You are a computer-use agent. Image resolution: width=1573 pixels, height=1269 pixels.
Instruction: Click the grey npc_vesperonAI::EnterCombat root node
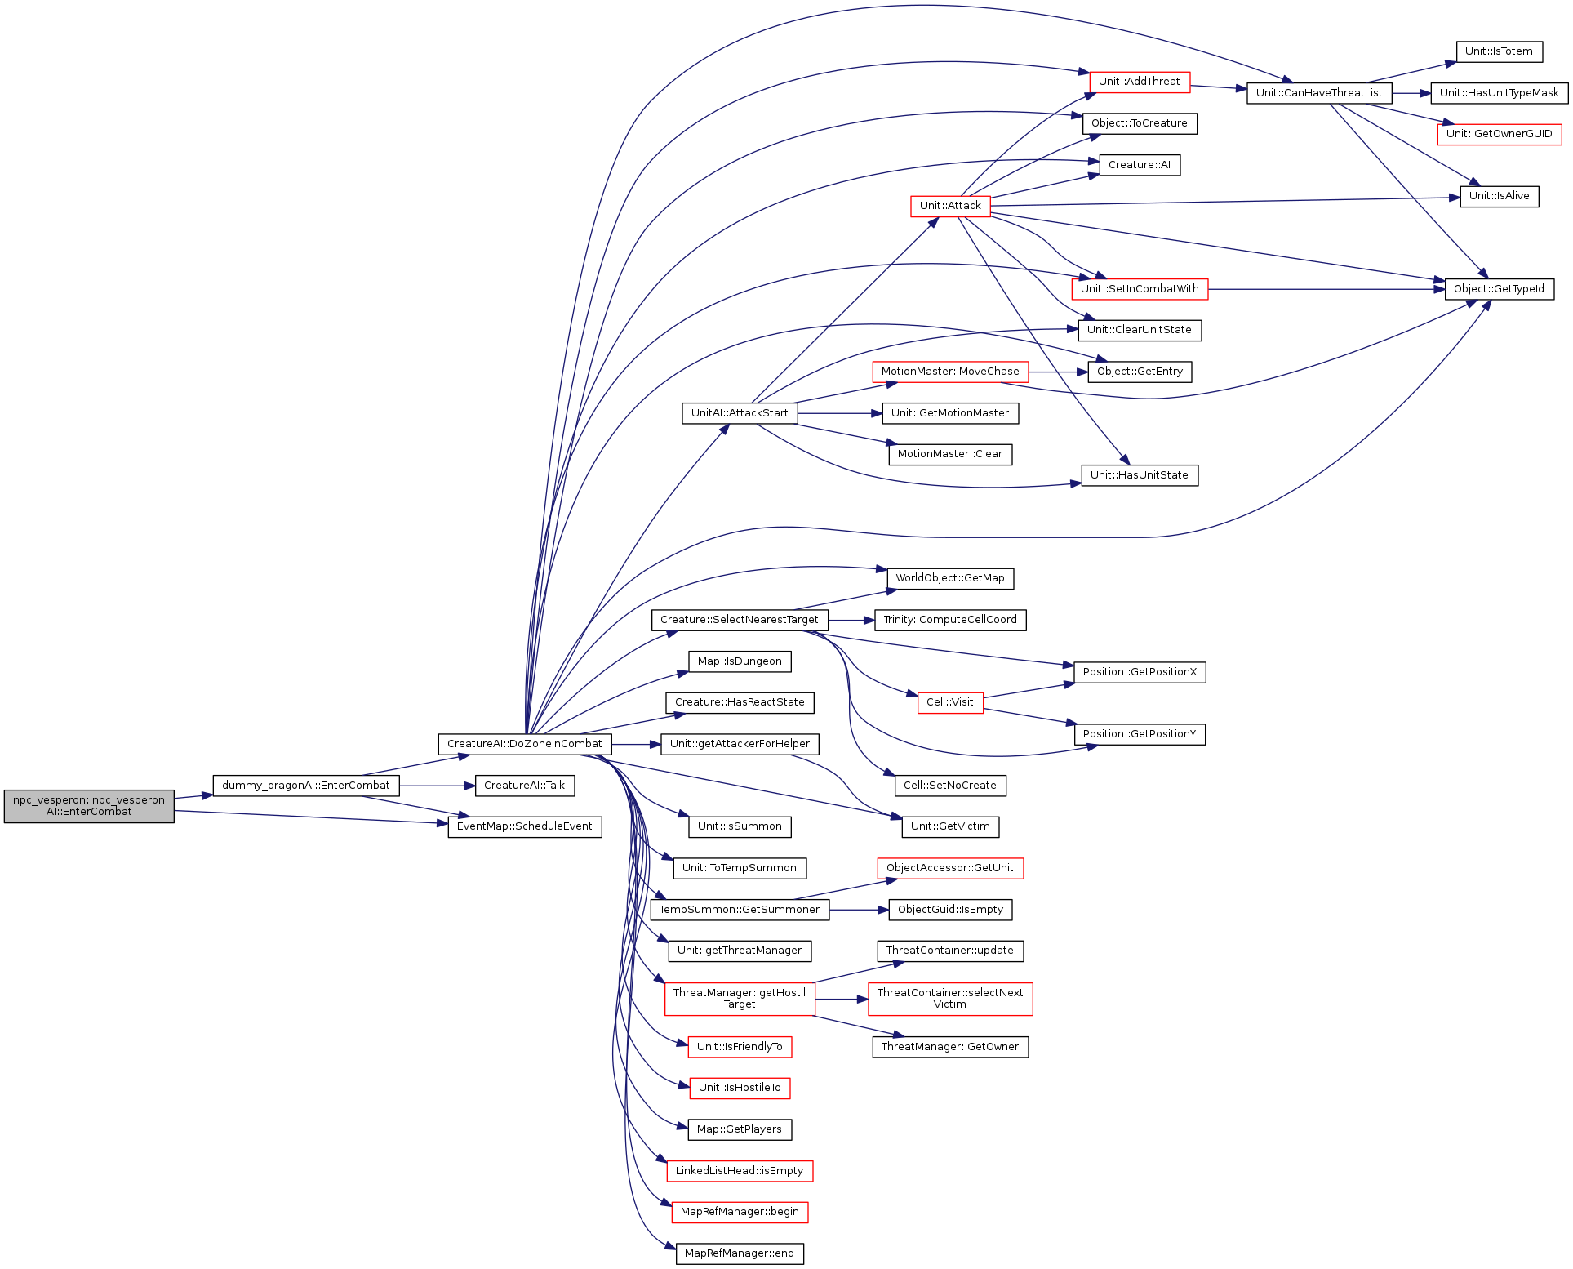(89, 806)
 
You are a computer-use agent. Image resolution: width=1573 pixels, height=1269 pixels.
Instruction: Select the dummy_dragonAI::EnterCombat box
(306, 786)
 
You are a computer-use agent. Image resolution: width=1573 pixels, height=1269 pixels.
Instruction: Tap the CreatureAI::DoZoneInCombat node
(525, 744)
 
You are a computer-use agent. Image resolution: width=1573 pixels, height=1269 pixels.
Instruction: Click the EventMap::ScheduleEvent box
(525, 826)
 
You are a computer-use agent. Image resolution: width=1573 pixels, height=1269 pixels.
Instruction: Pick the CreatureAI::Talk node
(525, 786)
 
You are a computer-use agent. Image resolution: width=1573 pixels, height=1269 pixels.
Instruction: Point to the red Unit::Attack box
(950, 206)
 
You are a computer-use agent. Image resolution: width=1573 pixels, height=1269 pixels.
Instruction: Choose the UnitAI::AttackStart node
(740, 413)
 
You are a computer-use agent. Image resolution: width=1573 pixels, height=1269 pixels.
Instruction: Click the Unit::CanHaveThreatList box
(1319, 93)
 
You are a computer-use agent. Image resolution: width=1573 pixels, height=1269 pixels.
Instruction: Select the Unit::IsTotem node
(1500, 51)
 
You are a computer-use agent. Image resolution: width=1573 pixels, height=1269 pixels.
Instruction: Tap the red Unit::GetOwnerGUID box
(1500, 134)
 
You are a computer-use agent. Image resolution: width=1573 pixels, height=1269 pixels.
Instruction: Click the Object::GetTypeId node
(1500, 289)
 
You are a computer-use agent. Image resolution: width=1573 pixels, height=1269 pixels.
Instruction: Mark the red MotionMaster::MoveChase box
(950, 372)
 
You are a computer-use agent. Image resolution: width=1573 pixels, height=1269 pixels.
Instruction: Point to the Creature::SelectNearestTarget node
(740, 620)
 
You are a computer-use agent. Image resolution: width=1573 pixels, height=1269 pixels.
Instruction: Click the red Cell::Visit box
(950, 702)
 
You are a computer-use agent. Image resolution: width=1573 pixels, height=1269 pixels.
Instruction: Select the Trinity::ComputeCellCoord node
(950, 620)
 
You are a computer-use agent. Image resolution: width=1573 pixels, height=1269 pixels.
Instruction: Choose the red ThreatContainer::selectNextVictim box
(950, 999)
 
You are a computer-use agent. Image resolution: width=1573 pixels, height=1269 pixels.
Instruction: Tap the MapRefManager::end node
(740, 1253)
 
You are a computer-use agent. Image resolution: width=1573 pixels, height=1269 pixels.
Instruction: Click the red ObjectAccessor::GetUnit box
(950, 868)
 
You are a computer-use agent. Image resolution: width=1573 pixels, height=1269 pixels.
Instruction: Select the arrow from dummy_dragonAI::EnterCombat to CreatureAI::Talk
(438, 786)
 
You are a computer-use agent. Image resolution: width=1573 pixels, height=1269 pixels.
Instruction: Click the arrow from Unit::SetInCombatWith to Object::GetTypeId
(1326, 289)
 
